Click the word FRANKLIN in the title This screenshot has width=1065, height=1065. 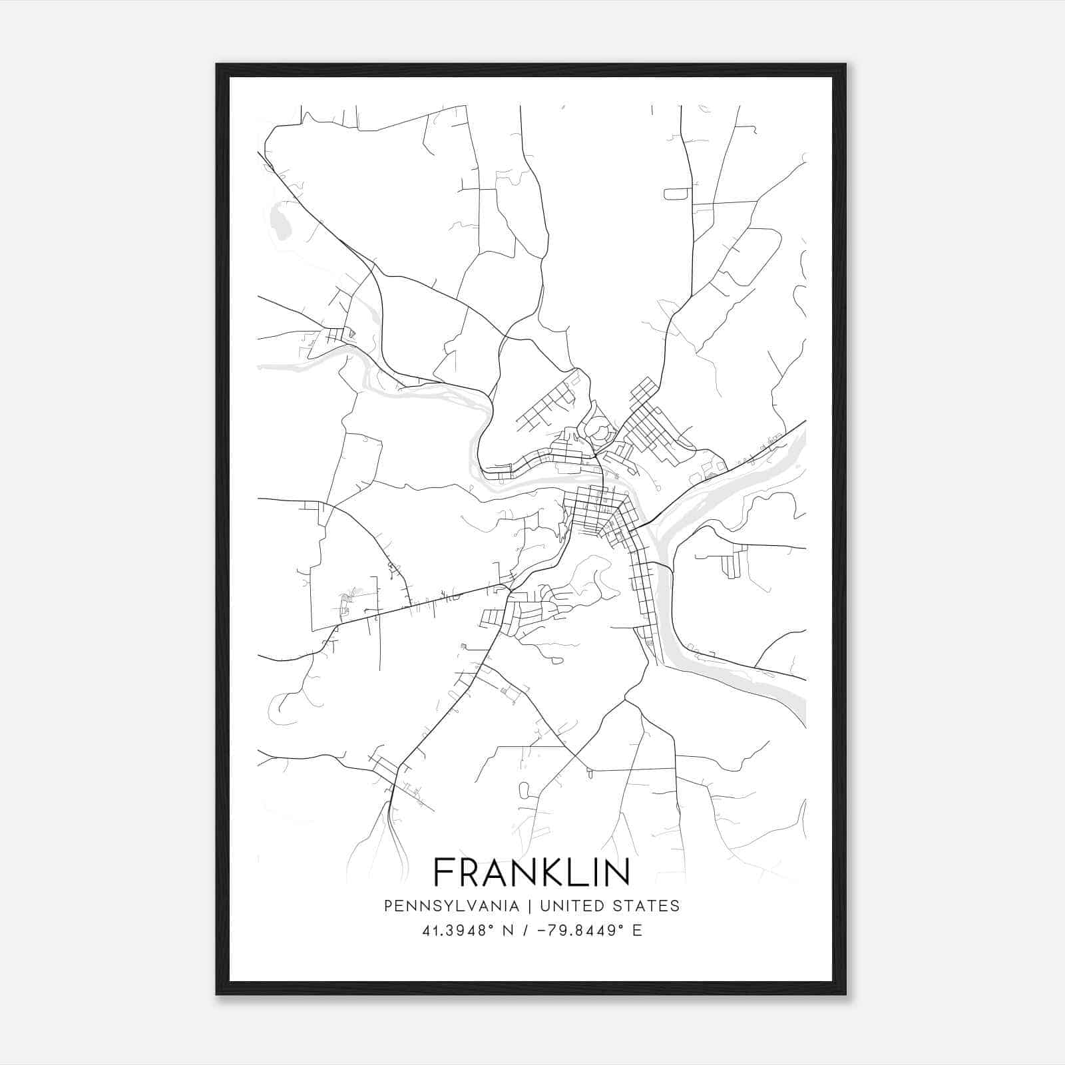point(532,872)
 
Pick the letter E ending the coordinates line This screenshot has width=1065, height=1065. point(638,931)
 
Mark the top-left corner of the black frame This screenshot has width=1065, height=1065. point(218,65)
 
